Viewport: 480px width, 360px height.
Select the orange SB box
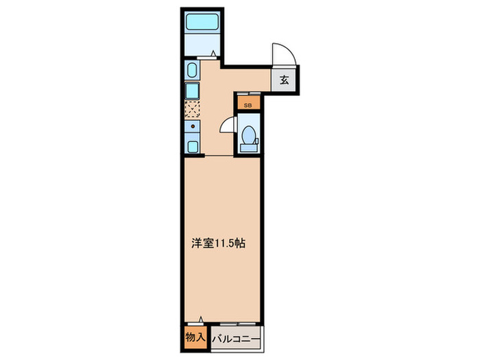click(x=248, y=106)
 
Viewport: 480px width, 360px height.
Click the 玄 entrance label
click(x=285, y=79)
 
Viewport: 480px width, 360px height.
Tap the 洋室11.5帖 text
click(x=217, y=243)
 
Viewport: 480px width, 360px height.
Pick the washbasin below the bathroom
click(x=191, y=71)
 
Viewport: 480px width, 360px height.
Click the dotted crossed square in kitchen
click(x=192, y=108)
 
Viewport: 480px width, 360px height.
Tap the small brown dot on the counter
click(x=193, y=126)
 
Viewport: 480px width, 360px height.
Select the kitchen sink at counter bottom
click(x=192, y=145)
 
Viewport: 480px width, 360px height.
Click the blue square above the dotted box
click(x=192, y=89)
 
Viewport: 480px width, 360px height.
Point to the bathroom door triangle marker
click(x=213, y=53)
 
